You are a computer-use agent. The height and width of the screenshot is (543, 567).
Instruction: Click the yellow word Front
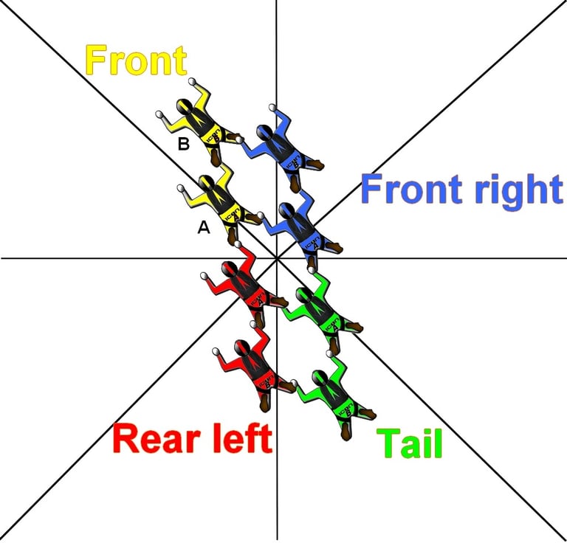[x=136, y=60]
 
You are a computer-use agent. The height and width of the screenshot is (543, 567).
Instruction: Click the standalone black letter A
[x=204, y=229]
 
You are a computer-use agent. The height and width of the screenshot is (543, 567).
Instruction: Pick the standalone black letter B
[x=184, y=145]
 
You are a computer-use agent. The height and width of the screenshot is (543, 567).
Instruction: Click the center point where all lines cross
[x=277, y=257]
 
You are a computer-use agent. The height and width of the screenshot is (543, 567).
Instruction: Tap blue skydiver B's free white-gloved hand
[x=272, y=108]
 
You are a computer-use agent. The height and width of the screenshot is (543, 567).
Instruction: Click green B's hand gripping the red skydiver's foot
[x=295, y=383]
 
